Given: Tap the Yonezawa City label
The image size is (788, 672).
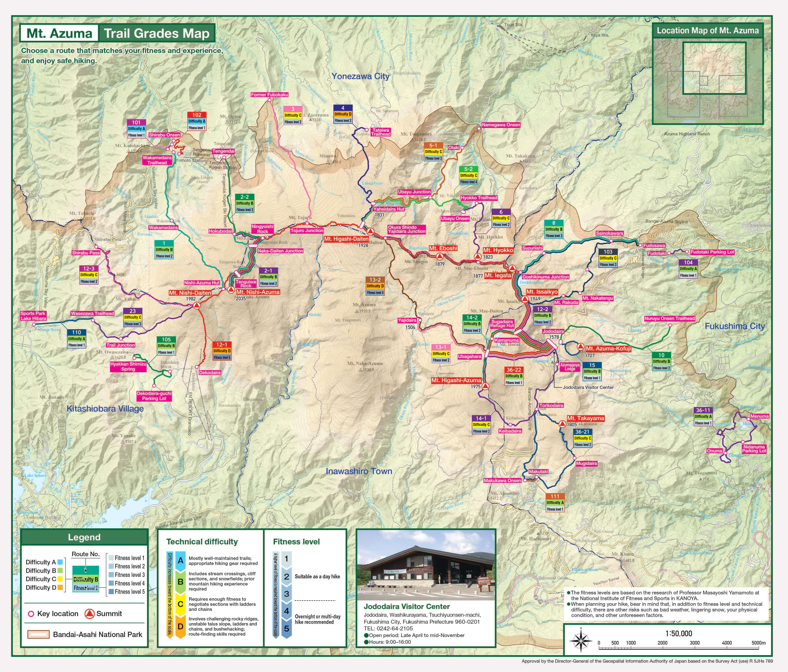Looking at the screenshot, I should click(360, 76).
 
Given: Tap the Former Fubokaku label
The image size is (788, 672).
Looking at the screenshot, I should click(269, 94).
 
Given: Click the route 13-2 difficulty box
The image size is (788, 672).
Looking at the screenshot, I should click(375, 286).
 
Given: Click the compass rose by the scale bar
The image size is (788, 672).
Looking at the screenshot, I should click(581, 641).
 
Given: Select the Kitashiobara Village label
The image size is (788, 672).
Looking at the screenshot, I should click(105, 409).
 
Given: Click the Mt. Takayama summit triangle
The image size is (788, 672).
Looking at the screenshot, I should click(562, 424).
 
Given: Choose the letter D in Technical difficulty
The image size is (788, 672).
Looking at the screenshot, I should click(180, 626).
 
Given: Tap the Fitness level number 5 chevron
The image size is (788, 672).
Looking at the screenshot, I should click(286, 628).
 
